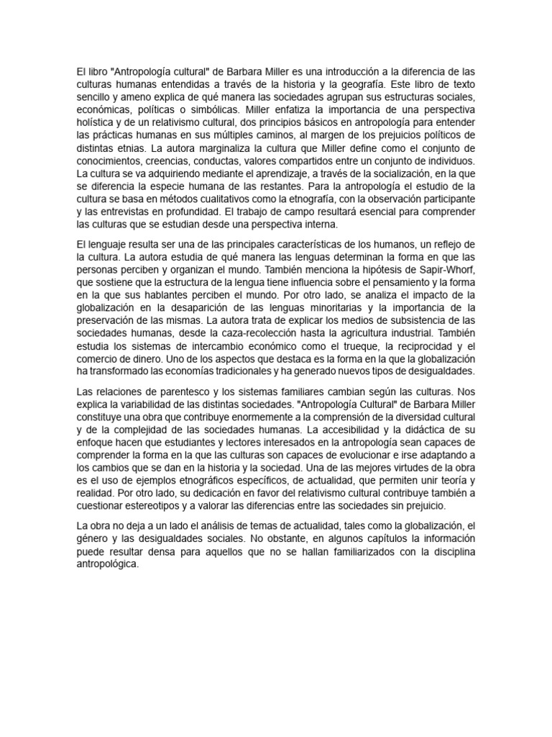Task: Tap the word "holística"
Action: click(97, 122)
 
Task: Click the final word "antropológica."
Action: click(107, 565)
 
